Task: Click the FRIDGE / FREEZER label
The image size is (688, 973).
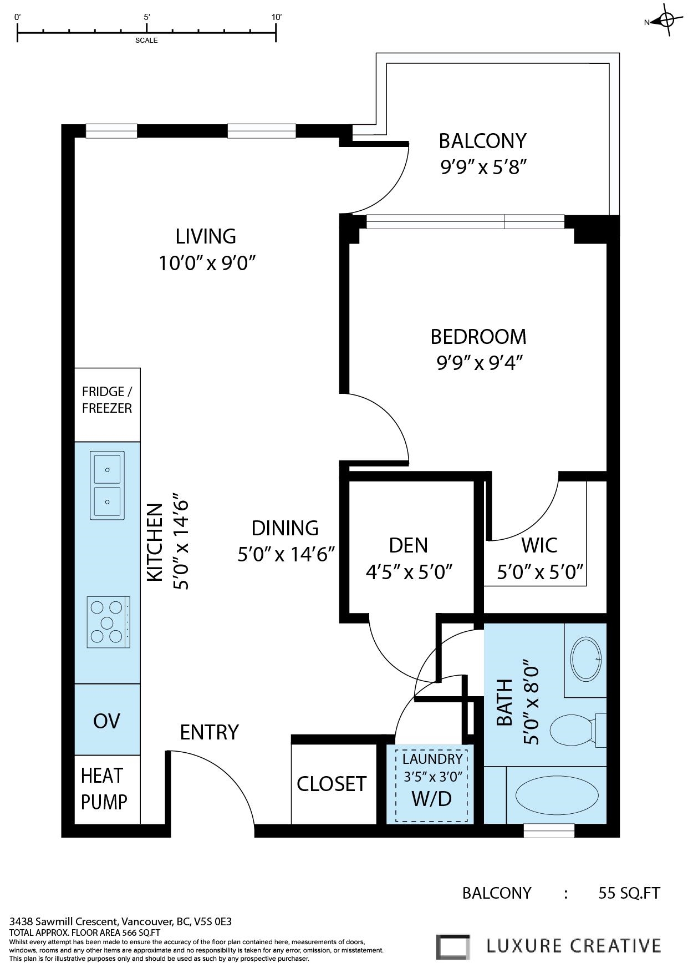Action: coord(107,400)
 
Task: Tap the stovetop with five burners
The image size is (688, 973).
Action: coord(108,622)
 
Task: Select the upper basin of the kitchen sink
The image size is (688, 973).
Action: coord(108,469)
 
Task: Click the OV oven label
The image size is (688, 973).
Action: coord(106,721)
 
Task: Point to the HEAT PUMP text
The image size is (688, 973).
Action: coord(104,788)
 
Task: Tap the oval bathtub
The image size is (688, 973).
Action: coord(557,795)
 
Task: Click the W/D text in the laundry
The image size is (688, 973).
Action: coord(431,799)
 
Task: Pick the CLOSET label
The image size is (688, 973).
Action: coord(332,784)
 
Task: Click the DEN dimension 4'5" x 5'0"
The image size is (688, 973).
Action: coord(409,571)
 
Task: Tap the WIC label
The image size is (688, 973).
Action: coord(539,545)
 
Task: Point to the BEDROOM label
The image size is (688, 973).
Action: coord(478,337)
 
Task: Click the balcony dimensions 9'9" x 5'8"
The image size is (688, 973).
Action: coord(482,166)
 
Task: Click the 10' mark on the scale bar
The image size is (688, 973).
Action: coord(276,17)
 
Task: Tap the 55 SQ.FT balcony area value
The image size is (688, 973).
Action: coord(629,893)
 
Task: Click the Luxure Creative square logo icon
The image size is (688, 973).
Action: coord(452,946)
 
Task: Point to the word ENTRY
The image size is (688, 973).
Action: coord(209,732)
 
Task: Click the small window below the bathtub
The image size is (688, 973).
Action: coord(549,830)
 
